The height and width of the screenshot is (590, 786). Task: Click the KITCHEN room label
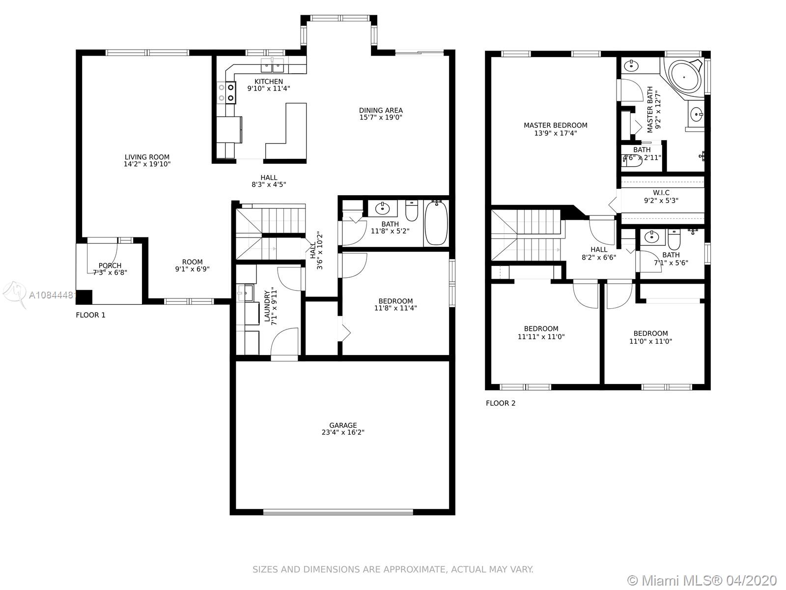click(x=269, y=81)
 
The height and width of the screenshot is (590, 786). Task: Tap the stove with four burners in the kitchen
click(x=226, y=92)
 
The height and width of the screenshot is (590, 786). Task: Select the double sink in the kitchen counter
click(x=273, y=65)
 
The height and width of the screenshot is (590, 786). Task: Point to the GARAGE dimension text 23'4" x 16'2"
click(x=343, y=432)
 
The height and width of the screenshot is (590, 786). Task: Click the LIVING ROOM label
click(x=147, y=157)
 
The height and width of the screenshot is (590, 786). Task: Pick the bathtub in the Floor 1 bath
click(x=436, y=223)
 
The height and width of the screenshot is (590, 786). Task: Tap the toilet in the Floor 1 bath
click(x=412, y=210)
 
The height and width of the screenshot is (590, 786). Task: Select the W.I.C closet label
click(x=661, y=193)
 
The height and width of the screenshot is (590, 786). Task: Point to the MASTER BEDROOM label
click(x=556, y=125)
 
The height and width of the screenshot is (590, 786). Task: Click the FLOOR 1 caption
click(x=90, y=315)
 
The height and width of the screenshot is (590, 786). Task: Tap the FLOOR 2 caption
click(x=501, y=403)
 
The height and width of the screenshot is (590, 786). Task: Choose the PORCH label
click(x=110, y=265)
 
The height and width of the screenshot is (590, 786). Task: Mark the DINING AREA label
click(x=381, y=110)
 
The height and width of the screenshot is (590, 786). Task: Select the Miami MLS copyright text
click(x=702, y=580)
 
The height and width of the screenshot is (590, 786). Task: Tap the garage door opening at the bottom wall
click(x=338, y=512)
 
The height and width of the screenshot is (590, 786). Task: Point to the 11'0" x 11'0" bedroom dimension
click(x=650, y=341)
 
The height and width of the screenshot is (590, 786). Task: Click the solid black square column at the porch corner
click(x=84, y=297)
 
